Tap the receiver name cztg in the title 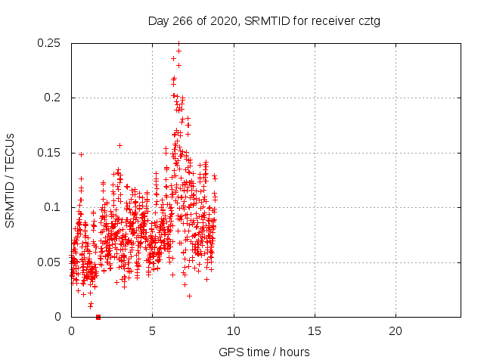368,21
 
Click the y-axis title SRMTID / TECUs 11,180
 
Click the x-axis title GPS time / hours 264,352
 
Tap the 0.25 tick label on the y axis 51,43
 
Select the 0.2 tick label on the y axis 54,98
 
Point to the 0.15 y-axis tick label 51,153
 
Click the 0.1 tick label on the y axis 54,207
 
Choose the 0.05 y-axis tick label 51,262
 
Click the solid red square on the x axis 98,317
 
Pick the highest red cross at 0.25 178,43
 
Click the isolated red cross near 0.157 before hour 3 119,145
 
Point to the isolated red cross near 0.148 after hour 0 81,154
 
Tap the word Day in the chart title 158,21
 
